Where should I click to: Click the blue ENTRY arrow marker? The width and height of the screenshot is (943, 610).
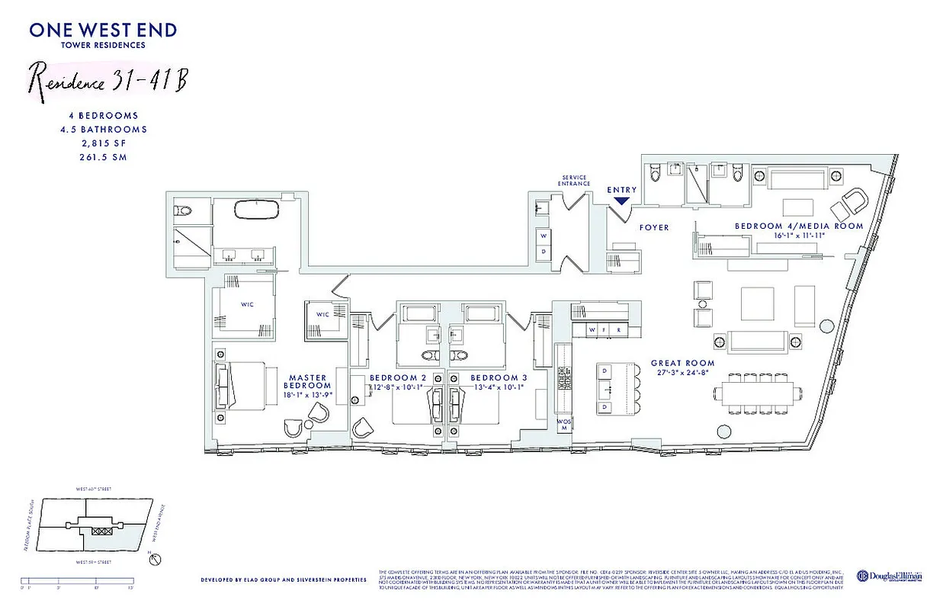pos(621,201)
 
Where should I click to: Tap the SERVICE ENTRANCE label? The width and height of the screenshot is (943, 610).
pos(573,180)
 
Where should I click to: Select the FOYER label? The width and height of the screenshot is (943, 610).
pos(653,227)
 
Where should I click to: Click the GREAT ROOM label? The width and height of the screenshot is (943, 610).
pos(682,364)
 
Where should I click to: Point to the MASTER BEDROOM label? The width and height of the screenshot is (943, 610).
pos(307,382)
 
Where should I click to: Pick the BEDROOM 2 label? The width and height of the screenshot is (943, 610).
pos(398,378)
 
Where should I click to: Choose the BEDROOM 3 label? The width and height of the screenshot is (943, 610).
pos(499,378)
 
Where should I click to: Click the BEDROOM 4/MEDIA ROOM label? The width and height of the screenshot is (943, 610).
pos(798,226)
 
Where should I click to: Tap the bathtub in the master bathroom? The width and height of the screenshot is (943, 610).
pos(255,210)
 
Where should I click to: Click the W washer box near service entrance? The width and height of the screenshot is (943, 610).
pos(543,236)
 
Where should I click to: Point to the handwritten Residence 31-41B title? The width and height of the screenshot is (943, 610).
pos(107,78)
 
